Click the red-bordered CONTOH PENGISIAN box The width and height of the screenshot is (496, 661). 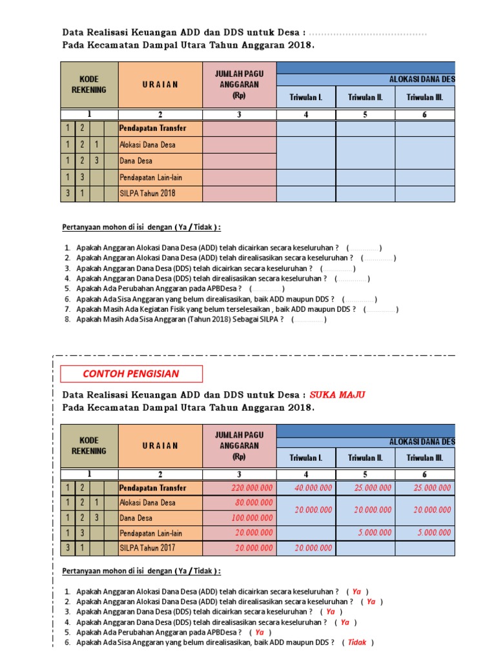point(131,374)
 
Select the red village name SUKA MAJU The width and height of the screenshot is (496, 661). point(340,394)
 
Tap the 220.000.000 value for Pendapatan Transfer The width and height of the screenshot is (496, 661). point(251,488)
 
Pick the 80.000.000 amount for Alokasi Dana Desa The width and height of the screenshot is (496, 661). point(253,502)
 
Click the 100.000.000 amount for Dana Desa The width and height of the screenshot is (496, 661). point(251,518)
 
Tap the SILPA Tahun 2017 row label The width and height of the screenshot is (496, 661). point(147,548)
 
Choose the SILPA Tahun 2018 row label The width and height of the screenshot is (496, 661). point(147,193)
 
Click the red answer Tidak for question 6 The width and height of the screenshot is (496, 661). point(357,642)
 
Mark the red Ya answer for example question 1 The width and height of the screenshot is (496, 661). point(356,591)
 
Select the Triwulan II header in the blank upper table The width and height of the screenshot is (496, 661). point(366,97)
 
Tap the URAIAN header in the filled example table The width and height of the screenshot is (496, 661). point(160,445)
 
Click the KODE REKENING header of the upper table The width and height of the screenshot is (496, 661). point(89,84)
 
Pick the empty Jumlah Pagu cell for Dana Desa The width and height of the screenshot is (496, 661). point(239,160)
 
